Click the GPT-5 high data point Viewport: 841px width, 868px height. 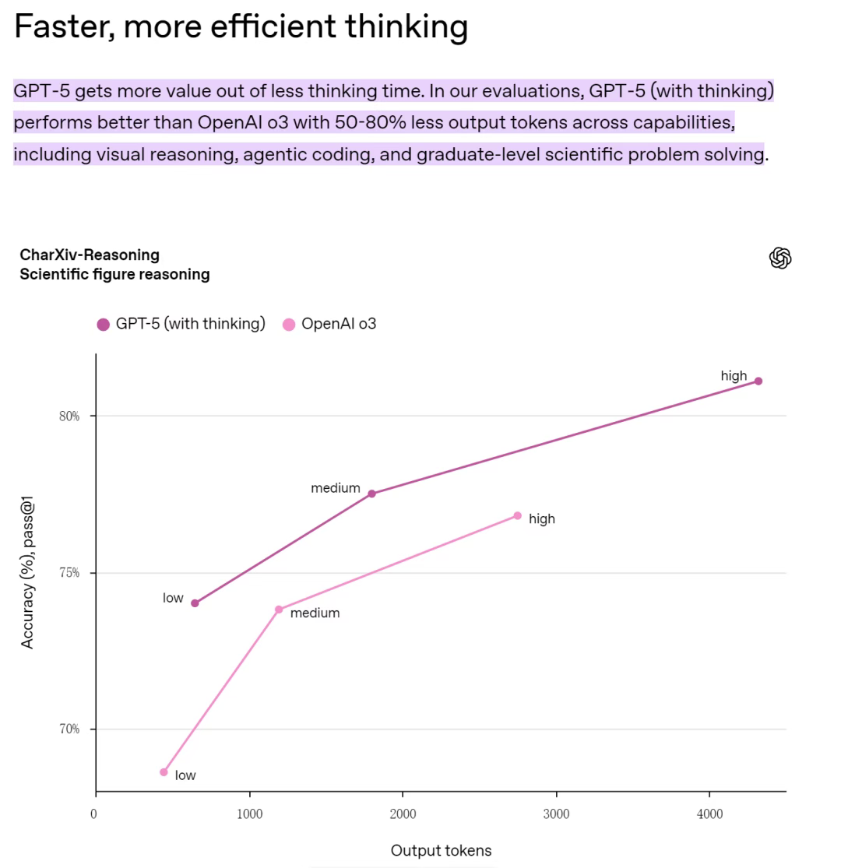(x=758, y=381)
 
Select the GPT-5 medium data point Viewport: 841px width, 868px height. (x=371, y=494)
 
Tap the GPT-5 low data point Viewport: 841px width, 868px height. (x=195, y=603)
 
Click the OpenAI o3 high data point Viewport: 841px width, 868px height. (x=517, y=515)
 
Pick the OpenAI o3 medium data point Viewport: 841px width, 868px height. (x=279, y=610)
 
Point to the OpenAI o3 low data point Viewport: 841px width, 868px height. (x=164, y=772)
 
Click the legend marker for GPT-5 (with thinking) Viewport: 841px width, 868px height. (x=103, y=325)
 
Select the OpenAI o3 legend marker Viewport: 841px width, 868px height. (x=289, y=325)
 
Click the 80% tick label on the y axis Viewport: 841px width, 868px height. (x=69, y=416)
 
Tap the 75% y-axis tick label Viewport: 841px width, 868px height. (x=69, y=573)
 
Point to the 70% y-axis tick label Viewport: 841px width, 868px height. (x=69, y=729)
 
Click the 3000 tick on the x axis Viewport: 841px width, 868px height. (x=556, y=814)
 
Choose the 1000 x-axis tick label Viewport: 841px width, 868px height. (x=249, y=814)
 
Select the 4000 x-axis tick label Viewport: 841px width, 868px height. (x=709, y=814)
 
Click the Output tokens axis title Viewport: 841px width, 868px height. (x=441, y=850)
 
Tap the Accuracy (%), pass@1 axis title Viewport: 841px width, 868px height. (x=28, y=575)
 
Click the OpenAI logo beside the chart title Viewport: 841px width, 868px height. (x=780, y=258)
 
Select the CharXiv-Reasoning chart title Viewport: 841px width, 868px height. (x=90, y=255)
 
